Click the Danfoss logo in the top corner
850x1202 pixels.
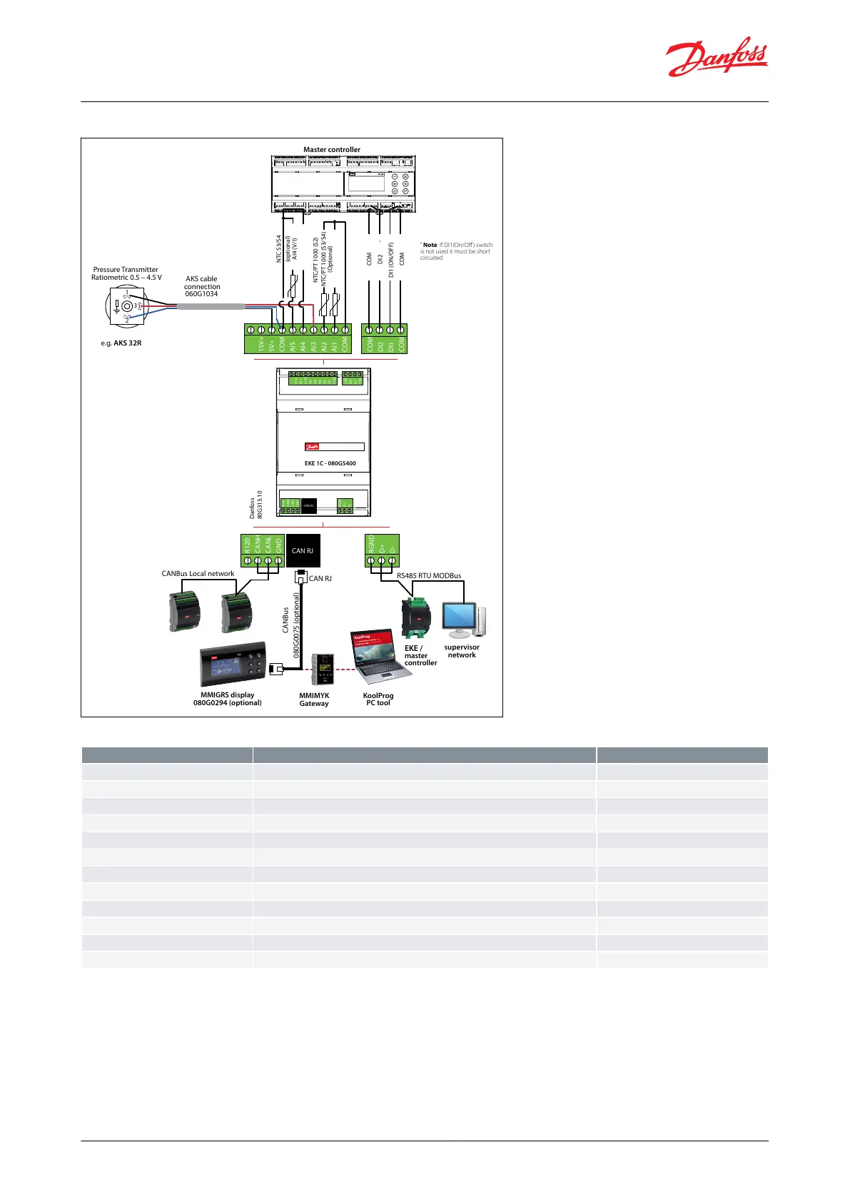click(717, 57)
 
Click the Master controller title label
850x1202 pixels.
click(332, 150)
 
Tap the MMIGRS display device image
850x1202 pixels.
click(233, 664)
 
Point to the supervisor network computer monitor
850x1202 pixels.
click(460, 620)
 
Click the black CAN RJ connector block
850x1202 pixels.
click(303, 551)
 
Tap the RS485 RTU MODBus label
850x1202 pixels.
click(429, 575)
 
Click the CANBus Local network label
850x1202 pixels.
click(198, 573)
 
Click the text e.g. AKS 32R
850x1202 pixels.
click(121, 343)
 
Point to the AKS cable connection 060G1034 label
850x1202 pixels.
click(202, 286)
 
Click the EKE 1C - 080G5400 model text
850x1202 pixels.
click(330, 463)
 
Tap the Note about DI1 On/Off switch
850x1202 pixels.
click(456, 251)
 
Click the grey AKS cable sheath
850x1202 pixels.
click(210, 306)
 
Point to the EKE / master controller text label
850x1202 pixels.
click(420, 655)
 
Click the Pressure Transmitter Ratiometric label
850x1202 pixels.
click(126, 273)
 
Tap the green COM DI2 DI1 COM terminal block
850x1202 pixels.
click(385, 339)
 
